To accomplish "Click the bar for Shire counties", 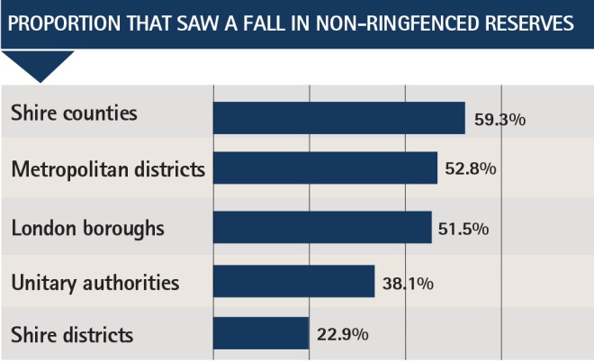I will (338, 117).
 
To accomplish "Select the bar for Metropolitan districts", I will (325, 168).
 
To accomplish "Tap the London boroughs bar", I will (322, 227).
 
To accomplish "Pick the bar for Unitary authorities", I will (293, 282).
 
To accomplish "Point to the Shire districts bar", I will (261, 333).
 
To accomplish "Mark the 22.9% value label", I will (343, 334).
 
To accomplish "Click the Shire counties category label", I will (74, 113).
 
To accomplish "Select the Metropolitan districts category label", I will (108, 168).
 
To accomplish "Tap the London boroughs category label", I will (87, 228).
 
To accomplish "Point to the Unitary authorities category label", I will (95, 283).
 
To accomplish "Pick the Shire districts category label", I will (72, 335).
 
